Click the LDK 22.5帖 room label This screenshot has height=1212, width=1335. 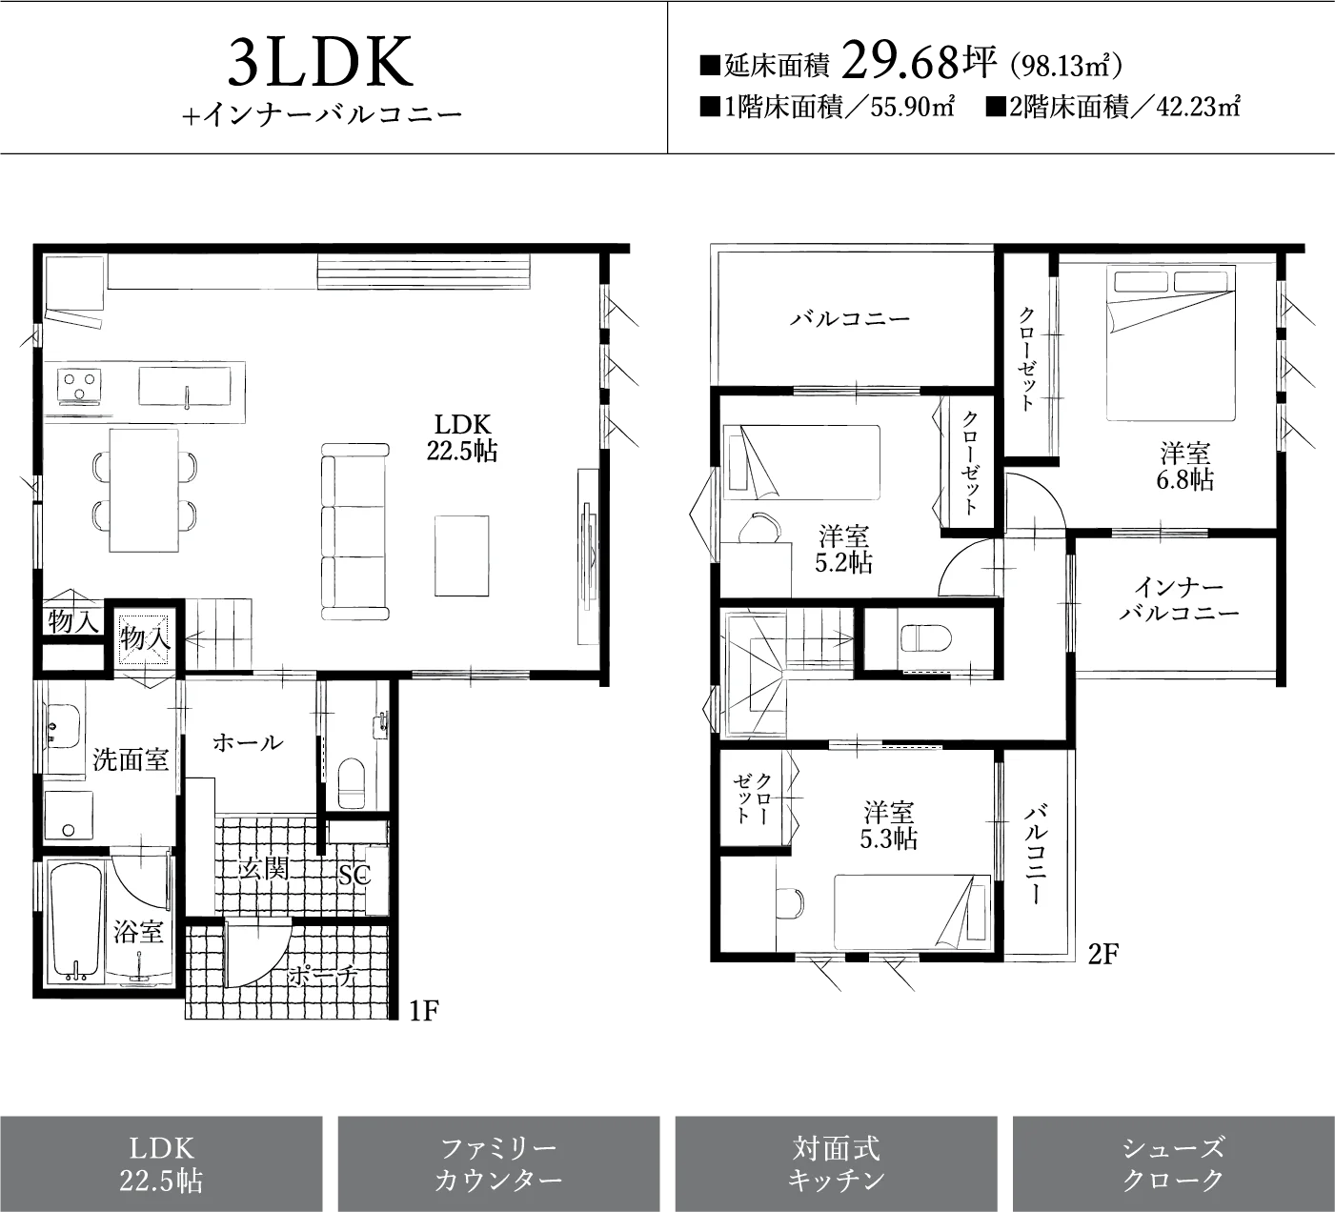click(x=462, y=438)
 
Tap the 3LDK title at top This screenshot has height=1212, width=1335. click(x=320, y=62)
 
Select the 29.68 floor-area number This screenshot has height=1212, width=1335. click(x=901, y=60)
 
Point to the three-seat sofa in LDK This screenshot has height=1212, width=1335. click(x=354, y=532)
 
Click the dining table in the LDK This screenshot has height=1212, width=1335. click(x=144, y=490)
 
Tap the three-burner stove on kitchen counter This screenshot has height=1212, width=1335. click(x=79, y=386)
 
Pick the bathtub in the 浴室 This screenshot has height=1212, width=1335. click(x=75, y=922)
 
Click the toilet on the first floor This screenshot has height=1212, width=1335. click(x=352, y=783)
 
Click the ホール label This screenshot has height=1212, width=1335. click(x=248, y=742)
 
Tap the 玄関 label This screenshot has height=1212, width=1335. click(x=264, y=868)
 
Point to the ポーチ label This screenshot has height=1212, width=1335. click(x=323, y=976)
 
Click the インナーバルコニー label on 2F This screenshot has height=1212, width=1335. click(x=1179, y=599)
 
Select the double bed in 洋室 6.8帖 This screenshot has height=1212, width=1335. click(x=1170, y=343)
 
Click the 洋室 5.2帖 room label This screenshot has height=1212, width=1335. click(x=843, y=549)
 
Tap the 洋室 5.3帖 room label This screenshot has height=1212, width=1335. click(x=888, y=825)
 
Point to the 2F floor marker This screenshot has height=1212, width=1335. click(x=1102, y=955)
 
